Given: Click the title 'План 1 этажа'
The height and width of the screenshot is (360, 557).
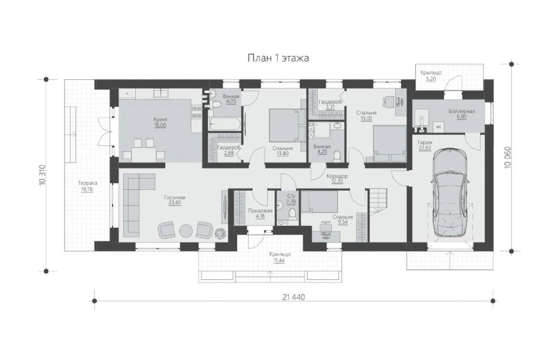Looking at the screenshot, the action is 278,58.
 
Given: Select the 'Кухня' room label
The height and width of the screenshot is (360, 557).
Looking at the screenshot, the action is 160,119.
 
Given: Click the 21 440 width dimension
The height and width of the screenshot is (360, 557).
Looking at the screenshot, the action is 293,297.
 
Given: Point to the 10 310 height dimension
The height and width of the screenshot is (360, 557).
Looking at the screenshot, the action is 42,175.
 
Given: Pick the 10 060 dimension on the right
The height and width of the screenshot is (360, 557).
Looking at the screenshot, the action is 507,158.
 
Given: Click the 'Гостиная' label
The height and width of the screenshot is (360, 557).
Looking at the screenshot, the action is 175,198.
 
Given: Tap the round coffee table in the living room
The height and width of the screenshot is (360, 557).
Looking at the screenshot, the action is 186,231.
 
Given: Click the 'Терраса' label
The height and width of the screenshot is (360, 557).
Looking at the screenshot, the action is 88,183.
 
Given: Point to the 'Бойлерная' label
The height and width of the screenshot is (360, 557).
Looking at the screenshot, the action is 461,111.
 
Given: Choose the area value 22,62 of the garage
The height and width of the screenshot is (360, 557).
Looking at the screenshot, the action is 425,148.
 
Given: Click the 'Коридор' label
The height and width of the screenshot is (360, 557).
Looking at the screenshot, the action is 337,176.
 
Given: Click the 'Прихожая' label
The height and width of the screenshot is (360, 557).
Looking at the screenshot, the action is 260,211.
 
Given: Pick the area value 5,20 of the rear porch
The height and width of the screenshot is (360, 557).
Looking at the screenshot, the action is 431,79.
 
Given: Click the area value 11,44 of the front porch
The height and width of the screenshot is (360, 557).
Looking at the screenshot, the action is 279,260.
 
